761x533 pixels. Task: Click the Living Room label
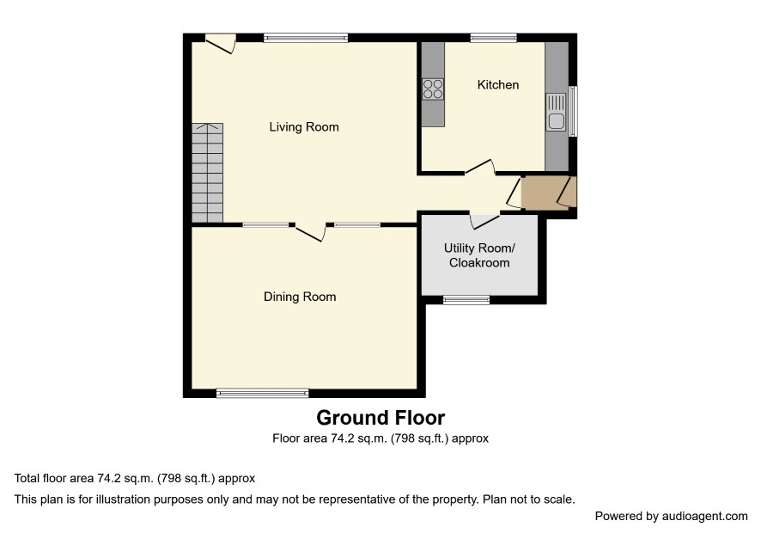tap(304, 127)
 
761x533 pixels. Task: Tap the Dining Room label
tap(300, 297)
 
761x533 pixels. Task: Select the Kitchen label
tap(498, 84)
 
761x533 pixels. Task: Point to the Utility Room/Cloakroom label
tap(479, 255)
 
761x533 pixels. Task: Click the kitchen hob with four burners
tap(433, 89)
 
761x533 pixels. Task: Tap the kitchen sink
tap(557, 113)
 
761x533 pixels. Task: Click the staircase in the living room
tap(207, 173)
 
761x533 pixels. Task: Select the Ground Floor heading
tap(380, 418)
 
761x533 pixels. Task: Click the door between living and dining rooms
tap(311, 232)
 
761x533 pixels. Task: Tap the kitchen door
tap(480, 167)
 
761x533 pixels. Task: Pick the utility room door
tap(484, 221)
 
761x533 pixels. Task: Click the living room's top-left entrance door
tap(221, 44)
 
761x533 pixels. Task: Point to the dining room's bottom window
tap(263, 393)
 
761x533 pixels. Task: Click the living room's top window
tap(306, 38)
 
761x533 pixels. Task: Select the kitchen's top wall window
tap(494, 38)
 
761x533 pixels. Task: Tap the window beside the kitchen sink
tap(573, 111)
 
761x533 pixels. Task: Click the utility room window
tap(466, 300)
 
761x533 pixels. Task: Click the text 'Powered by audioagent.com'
tap(671, 516)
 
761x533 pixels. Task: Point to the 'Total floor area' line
tap(135, 479)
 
